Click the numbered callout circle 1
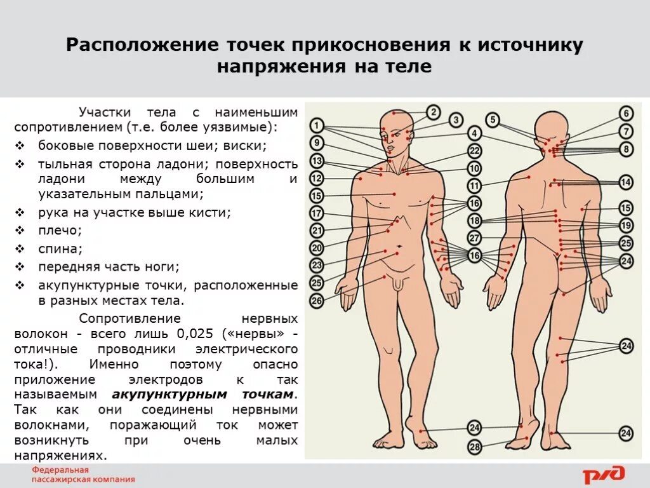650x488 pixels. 317,125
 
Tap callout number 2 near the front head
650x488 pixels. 434,112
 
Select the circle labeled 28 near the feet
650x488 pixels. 475,447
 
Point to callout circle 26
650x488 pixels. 317,301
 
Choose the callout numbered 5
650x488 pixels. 493,119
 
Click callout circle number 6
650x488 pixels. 627,114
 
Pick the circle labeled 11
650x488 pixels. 475,186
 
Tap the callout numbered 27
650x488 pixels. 475,238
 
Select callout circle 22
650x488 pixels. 475,151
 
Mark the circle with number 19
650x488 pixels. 627,225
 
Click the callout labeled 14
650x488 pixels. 627,182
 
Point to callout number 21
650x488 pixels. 317,231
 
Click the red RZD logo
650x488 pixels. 604,474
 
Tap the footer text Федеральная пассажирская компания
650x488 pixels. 83,475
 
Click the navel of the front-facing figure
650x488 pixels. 399,246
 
